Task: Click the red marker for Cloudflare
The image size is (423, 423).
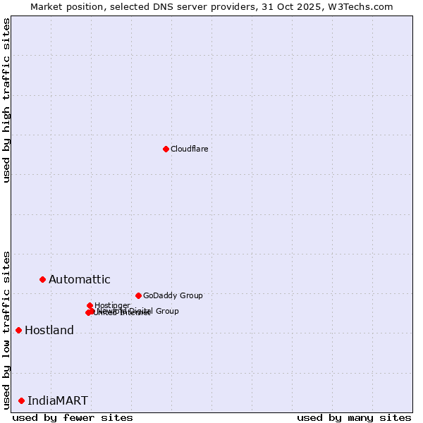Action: (x=166, y=149)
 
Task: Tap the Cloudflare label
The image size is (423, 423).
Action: (x=189, y=149)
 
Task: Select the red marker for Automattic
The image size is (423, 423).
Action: (x=42, y=280)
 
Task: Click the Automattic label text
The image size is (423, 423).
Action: (x=79, y=280)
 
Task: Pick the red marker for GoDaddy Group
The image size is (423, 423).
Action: (x=138, y=295)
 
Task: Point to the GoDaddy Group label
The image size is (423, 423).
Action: (x=173, y=295)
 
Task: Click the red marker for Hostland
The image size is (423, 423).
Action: (x=18, y=330)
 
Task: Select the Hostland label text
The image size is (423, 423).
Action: (x=49, y=330)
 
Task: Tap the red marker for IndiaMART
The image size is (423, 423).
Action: (x=21, y=400)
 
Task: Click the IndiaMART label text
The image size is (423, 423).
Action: (x=58, y=400)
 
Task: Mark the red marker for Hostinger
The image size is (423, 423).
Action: (x=90, y=306)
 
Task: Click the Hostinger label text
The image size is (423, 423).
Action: (x=112, y=305)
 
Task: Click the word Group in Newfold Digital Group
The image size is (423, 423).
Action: (x=167, y=311)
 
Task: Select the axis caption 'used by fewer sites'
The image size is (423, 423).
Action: (x=73, y=417)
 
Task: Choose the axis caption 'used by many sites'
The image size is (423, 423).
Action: (x=354, y=417)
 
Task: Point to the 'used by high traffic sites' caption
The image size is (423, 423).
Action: (x=6, y=100)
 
